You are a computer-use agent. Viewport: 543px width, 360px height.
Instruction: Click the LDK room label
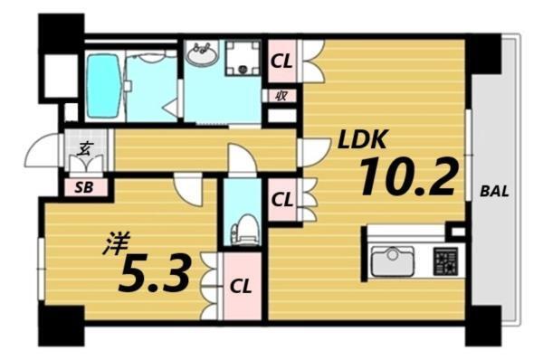coord(364,140)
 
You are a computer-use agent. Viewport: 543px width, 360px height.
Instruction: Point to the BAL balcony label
coord(493,193)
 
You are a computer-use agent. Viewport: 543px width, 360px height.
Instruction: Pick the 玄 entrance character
coord(83,150)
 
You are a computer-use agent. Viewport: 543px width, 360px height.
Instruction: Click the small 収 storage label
coord(281,94)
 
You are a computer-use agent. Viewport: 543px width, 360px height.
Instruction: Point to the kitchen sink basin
coord(392,261)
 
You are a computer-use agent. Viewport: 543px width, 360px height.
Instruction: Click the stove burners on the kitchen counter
coord(445,261)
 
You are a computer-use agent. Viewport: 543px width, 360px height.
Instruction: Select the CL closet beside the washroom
coord(281,62)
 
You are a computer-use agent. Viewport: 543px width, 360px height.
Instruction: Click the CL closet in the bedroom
coord(239,287)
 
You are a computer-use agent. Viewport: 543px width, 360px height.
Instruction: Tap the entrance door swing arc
coord(43,150)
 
